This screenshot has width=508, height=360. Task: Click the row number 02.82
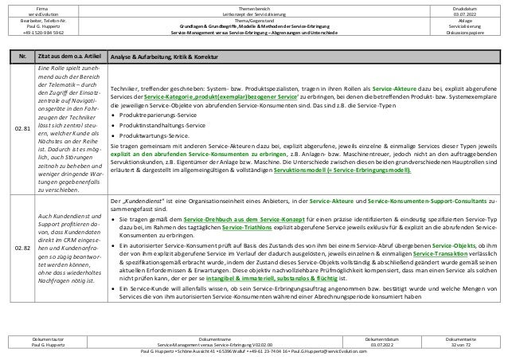pos(28,248)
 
